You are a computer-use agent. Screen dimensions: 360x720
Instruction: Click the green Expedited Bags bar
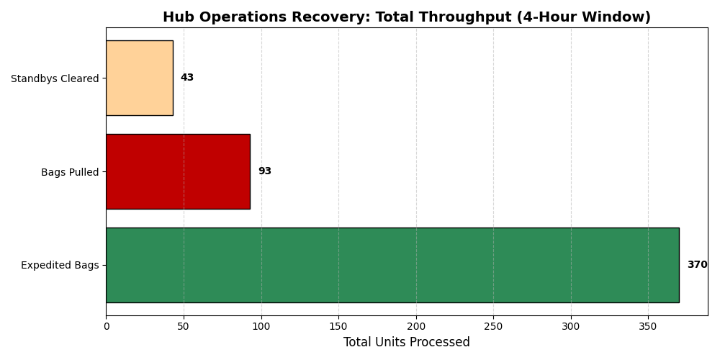click(x=392, y=265)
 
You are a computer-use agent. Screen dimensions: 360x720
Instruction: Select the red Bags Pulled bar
click(x=178, y=171)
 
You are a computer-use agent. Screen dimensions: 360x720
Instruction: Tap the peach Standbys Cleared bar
click(x=140, y=78)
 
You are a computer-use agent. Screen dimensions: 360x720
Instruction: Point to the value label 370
click(x=697, y=265)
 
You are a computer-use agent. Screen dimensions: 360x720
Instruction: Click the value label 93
click(x=265, y=171)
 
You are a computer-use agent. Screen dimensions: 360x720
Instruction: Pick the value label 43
click(x=187, y=78)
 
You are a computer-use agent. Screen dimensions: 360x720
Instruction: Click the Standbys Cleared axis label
click(x=55, y=78)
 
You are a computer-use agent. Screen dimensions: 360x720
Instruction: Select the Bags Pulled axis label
click(x=70, y=172)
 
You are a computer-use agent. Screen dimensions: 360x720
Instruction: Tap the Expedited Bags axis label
click(x=60, y=266)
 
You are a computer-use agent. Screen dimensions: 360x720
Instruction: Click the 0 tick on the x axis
click(x=107, y=326)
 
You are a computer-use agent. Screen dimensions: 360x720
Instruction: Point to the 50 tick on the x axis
click(x=184, y=326)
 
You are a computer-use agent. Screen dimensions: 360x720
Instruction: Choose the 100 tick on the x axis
click(x=261, y=326)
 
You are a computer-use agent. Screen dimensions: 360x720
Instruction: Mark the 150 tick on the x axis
click(x=338, y=326)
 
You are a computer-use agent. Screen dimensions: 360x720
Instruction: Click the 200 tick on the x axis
click(x=416, y=326)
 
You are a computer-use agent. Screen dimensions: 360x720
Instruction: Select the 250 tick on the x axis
click(x=493, y=326)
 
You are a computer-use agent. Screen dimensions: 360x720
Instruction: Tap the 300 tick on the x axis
click(x=571, y=326)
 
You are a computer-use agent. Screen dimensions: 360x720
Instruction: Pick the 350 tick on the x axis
click(x=648, y=326)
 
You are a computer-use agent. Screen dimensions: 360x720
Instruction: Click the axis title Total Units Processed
click(x=407, y=342)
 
